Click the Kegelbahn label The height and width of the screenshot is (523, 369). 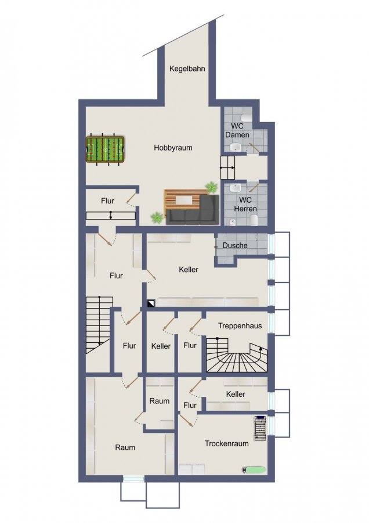click(x=187, y=69)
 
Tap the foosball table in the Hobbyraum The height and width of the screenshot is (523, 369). click(x=105, y=149)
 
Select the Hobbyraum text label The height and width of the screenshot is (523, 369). click(x=173, y=148)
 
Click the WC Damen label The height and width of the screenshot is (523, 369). click(x=237, y=130)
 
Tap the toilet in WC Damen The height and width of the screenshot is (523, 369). click(x=247, y=117)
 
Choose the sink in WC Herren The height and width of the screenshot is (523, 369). click(x=236, y=188)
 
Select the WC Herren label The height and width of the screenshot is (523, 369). click(x=245, y=205)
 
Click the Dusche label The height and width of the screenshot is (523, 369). click(x=235, y=245)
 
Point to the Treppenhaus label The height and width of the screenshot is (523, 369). click(x=240, y=326)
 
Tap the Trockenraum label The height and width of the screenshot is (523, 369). click(x=226, y=443)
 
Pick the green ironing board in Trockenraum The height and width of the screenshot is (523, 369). click(x=254, y=470)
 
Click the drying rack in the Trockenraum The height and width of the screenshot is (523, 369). click(x=260, y=428)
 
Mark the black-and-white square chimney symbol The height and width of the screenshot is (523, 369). click(x=151, y=303)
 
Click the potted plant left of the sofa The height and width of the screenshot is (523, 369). click(x=156, y=218)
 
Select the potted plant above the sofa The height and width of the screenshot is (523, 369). click(x=211, y=188)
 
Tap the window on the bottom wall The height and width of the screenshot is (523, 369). click(x=133, y=479)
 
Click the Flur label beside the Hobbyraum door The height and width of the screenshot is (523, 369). click(x=107, y=201)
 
